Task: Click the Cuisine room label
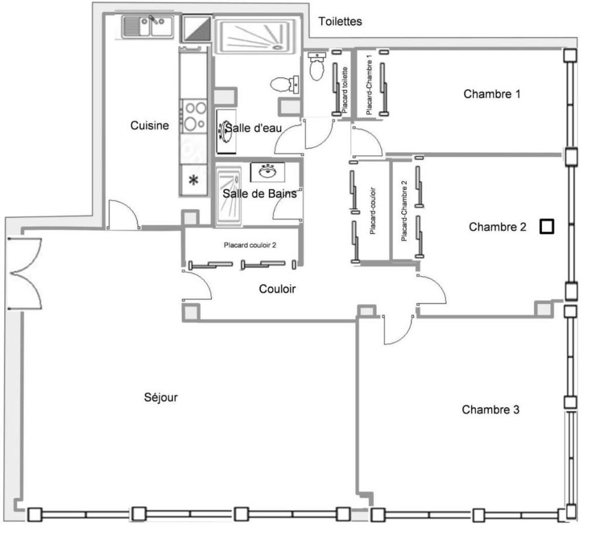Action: tap(149, 125)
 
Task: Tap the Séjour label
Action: tap(161, 398)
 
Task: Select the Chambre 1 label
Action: tap(492, 94)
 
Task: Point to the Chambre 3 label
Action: tap(490, 410)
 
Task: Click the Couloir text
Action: tap(277, 289)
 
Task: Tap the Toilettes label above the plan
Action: tap(340, 22)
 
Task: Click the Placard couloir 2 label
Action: tap(250, 245)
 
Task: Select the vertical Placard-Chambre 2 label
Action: tap(404, 211)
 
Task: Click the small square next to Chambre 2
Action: tap(547, 227)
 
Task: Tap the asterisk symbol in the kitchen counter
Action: tap(193, 180)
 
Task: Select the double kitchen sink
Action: tap(148, 26)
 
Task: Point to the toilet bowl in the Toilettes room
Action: tap(317, 67)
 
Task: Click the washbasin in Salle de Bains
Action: tap(267, 172)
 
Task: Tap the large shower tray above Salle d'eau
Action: tap(256, 35)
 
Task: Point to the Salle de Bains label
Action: tap(260, 194)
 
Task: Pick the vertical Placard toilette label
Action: tap(345, 90)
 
